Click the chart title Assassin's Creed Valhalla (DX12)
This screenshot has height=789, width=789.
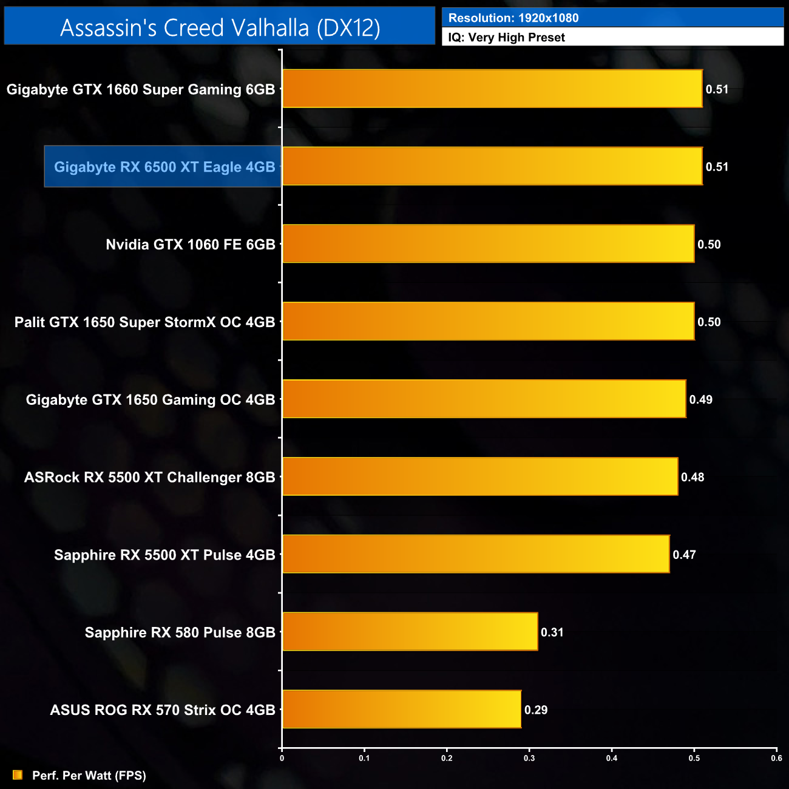click(220, 28)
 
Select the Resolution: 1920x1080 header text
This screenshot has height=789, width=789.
click(513, 18)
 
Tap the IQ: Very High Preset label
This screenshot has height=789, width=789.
click(506, 38)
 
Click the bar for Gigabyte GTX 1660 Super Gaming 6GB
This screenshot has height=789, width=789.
click(492, 89)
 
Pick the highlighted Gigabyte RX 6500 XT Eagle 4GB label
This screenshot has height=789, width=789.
click(164, 167)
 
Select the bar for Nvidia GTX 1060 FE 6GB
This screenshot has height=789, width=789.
click(488, 244)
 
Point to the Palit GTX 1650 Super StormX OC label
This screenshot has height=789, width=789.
click(144, 322)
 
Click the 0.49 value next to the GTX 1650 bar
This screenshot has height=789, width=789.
click(700, 399)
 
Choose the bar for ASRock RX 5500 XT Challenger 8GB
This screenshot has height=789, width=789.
click(480, 476)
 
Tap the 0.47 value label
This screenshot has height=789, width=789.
click(684, 555)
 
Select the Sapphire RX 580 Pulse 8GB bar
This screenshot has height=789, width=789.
click(410, 632)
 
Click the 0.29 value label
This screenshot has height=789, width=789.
click(536, 710)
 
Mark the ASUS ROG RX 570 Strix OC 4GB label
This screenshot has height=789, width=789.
click(163, 710)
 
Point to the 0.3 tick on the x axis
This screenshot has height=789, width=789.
click(529, 757)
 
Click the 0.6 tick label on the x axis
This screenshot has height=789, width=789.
click(776, 757)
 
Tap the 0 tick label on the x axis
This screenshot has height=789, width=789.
click(282, 757)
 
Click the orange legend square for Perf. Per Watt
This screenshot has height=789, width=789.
click(18, 775)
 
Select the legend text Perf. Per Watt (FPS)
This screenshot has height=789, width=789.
click(89, 776)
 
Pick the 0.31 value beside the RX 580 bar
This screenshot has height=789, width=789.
click(552, 632)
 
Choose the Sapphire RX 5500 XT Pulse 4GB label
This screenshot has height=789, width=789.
click(164, 555)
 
